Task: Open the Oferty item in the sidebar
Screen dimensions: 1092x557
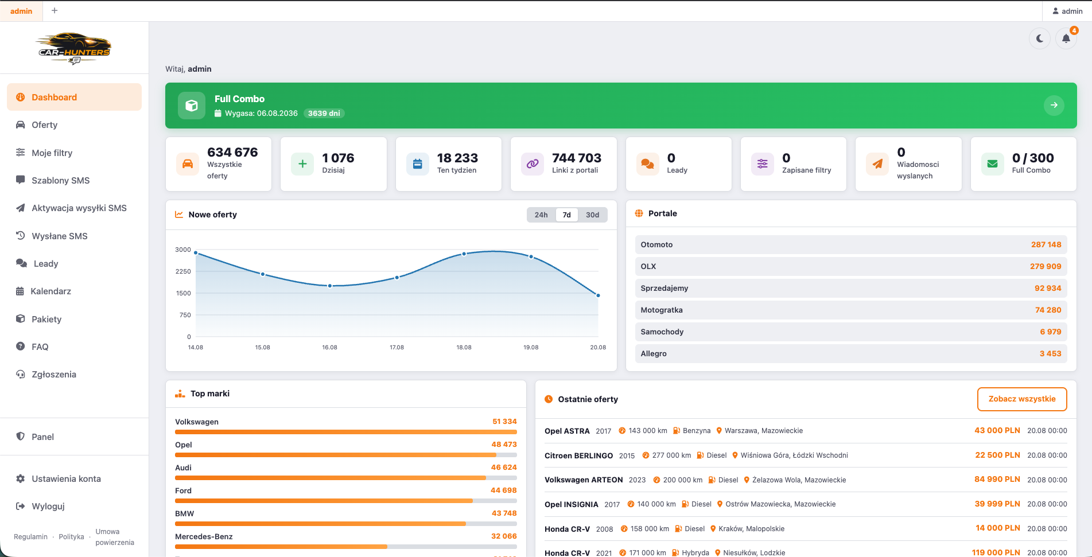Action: [44, 125]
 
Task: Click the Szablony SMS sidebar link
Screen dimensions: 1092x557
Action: [60, 181]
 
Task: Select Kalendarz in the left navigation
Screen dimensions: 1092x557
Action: [50, 291]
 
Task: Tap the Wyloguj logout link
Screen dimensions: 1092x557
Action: [48, 507]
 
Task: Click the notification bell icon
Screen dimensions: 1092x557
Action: [1066, 38]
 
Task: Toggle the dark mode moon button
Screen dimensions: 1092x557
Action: [1040, 38]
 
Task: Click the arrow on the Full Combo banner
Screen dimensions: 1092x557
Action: [1054, 105]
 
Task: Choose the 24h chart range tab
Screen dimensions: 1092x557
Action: [541, 215]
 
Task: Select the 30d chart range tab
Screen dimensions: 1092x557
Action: [592, 215]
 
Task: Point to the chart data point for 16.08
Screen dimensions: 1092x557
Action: [330, 286]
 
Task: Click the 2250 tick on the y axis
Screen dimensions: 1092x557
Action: [183, 271]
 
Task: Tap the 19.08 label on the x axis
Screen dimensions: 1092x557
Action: [531, 348]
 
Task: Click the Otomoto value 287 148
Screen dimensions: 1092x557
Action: [1046, 244]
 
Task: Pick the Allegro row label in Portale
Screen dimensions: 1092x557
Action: [654, 353]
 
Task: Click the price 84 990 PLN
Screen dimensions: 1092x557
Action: [997, 480]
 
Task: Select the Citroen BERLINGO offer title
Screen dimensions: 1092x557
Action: [578, 455]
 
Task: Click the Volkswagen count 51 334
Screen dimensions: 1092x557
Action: [504, 422]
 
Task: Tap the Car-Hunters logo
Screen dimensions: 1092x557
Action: [74, 49]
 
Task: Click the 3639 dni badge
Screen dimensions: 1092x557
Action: [324, 114]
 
